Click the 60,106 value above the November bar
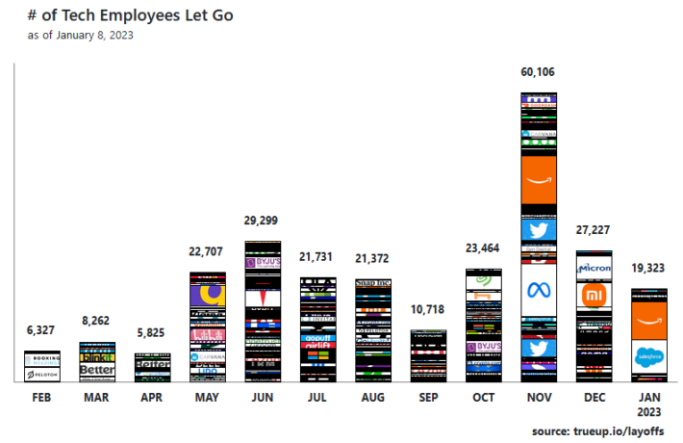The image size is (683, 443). point(538,72)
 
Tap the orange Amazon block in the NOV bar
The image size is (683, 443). point(538,180)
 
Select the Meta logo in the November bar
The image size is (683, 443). point(538,290)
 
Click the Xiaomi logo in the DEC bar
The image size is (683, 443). point(593,294)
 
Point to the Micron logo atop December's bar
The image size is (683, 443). point(594,266)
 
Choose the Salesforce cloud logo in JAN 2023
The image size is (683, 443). point(649,356)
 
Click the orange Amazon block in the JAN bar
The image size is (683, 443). point(649,314)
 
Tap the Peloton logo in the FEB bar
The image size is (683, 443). point(42,373)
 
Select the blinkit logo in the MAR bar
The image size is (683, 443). point(97,356)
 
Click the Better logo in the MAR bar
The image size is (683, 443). point(97,370)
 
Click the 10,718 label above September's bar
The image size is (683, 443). point(428,310)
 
